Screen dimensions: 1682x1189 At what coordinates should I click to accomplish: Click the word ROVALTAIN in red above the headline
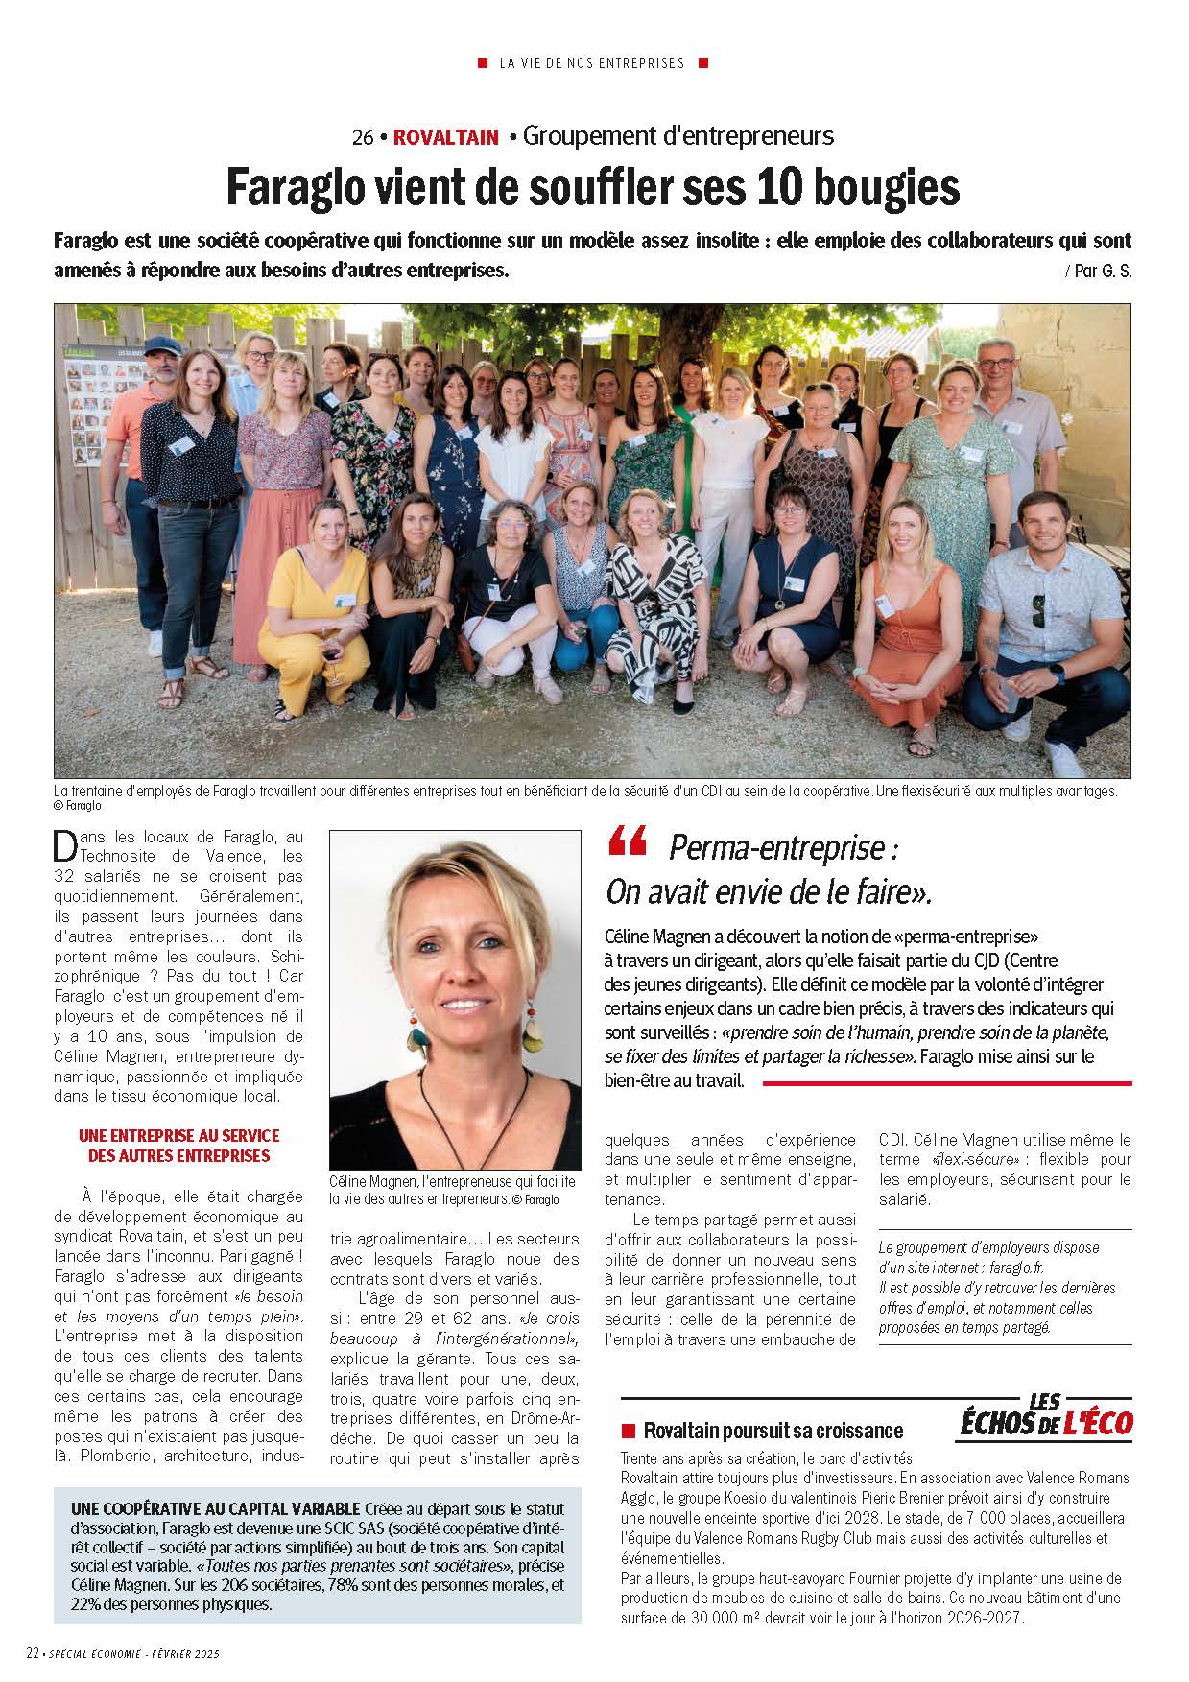[445, 137]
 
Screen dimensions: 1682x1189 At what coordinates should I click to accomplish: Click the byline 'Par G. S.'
[1098, 272]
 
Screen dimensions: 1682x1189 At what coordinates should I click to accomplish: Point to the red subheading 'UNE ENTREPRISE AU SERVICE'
[178, 1135]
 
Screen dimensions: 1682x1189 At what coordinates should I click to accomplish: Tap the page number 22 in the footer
[33, 1653]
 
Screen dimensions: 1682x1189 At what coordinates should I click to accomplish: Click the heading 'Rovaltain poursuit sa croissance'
[773, 1431]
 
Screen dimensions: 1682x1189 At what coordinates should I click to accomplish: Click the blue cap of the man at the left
[163, 344]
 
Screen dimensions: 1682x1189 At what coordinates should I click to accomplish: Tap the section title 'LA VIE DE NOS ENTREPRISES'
[592, 63]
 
